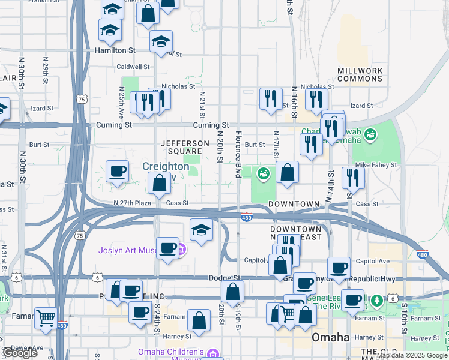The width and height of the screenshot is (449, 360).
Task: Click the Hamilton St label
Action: pyautogui.click(x=115, y=51)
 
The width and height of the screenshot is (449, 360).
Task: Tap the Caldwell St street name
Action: pyautogui.click(x=133, y=67)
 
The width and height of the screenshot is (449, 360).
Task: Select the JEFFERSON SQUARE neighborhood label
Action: pyautogui.click(x=185, y=148)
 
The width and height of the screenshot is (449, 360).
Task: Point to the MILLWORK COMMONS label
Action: pyautogui.click(x=360, y=75)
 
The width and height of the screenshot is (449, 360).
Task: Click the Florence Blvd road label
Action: pyautogui.click(x=238, y=154)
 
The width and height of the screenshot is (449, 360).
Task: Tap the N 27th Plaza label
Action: pyautogui.click(x=134, y=203)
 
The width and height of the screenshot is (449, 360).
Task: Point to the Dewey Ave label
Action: pyautogui.click(x=25, y=347)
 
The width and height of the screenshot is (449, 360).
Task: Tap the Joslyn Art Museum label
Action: pyautogui.click(x=127, y=250)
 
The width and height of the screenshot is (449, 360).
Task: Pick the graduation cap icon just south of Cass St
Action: pyautogui.click(x=202, y=229)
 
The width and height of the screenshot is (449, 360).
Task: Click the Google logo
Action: pyautogui.click(x=20, y=353)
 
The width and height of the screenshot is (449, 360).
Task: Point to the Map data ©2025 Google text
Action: pyautogui.click(x=412, y=356)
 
